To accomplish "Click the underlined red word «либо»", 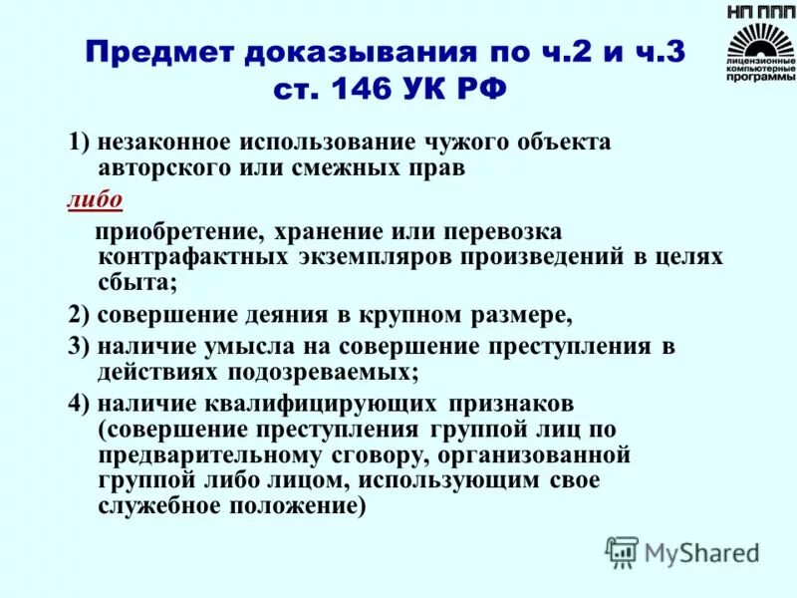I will (96, 199).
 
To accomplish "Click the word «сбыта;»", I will (138, 283).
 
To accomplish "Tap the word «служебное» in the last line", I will (154, 506).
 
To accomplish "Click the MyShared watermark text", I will (701, 551).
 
